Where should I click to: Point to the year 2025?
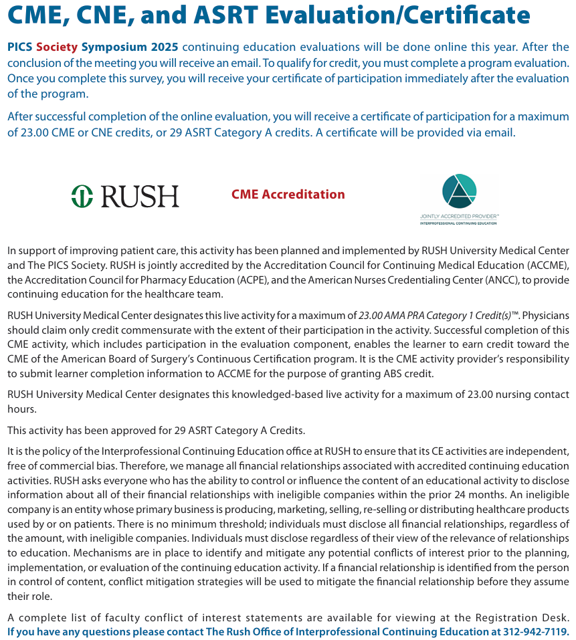pos(164,47)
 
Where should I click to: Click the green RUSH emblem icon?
pos(82,195)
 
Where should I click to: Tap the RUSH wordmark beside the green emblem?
pos(140,196)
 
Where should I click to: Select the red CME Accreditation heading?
pos(288,195)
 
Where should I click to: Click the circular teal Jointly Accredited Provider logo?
pos(459,191)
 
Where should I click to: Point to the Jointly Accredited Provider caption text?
pos(459,218)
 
